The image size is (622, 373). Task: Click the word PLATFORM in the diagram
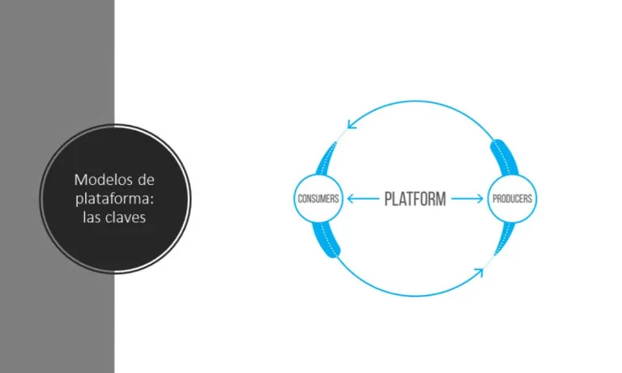pos(415,199)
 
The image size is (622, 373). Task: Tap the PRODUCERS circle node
pos(512,199)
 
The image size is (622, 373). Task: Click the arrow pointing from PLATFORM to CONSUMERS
pos(362,199)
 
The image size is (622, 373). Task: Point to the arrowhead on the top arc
pos(351,123)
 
